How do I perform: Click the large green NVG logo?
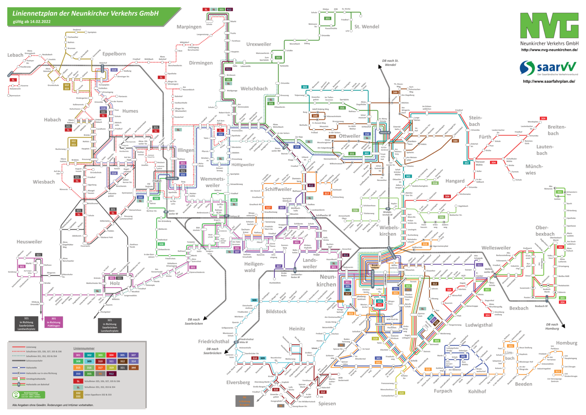(549, 26)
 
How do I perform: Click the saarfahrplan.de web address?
(549, 81)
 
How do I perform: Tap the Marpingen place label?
(189, 27)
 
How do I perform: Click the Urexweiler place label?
(259, 44)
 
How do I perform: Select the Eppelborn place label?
(114, 54)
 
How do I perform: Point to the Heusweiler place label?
(29, 241)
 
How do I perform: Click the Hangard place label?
(455, 181)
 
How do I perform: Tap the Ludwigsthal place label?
(479, 325)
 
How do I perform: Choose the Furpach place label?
(443, 391)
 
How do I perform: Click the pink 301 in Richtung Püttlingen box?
(54, 322)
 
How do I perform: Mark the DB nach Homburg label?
(552, 327)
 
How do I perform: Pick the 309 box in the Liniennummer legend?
(89, 361)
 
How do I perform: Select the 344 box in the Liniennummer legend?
(133, 368)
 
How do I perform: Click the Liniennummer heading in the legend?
(84, 349)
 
